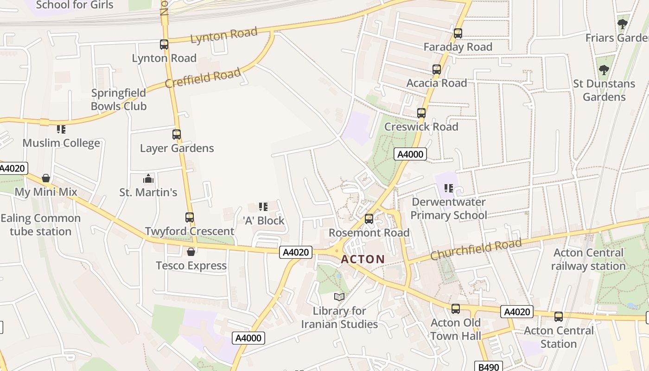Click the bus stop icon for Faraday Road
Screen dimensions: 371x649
coord(458,33)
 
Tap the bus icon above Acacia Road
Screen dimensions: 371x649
coord(437,70)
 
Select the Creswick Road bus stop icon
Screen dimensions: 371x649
coord(421,113)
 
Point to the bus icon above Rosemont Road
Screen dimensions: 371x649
coord(369,219)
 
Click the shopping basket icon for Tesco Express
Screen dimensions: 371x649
coord(191,252)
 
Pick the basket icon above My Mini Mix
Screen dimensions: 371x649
coord(46,178)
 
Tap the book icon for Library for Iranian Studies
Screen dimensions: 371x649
coord(339,297)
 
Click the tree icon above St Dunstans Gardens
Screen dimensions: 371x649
coord(604,70)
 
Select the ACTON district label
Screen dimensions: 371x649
coord(363,259)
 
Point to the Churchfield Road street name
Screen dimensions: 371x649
coord(476,249)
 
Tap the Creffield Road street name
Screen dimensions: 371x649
coord(203,77)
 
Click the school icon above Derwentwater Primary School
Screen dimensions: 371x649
coord(448,188)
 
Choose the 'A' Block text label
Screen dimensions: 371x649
coord(264,221)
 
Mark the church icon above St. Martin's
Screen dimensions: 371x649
coord(148,179)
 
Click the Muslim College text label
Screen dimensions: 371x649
coord(61,143)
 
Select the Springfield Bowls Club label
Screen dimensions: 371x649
coord(119,100)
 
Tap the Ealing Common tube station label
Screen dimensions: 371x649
coord(41,225)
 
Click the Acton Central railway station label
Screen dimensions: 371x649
coord(588,260)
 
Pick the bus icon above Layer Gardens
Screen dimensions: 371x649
coord(177,134)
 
